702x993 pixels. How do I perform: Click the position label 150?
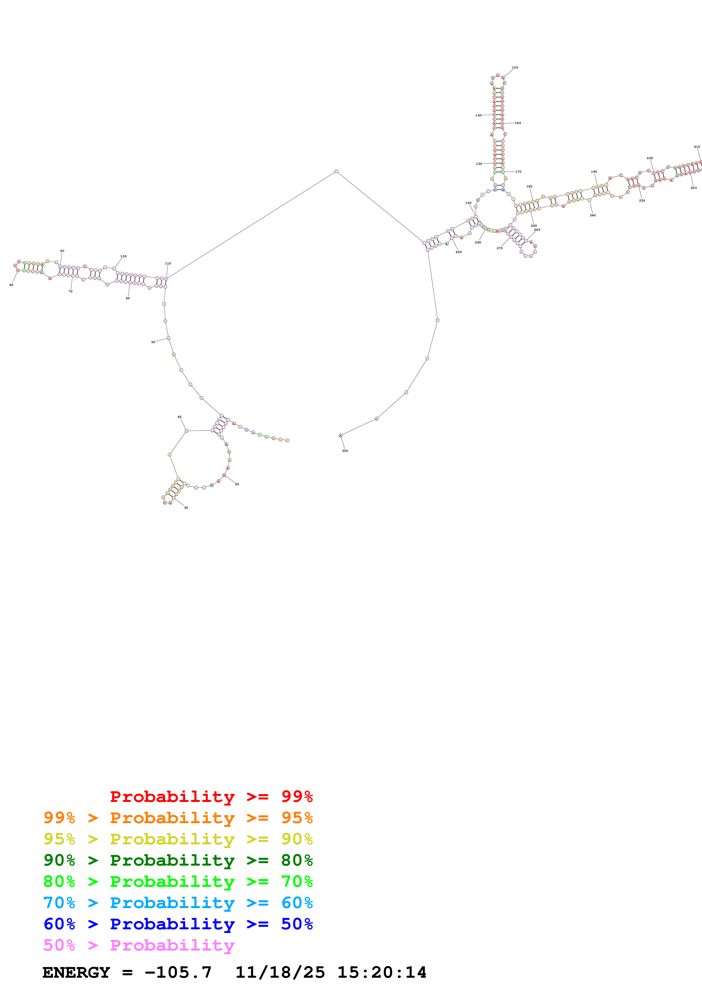[515, 67]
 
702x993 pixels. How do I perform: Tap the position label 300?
[345, 451]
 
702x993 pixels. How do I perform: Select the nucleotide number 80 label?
[11, 285]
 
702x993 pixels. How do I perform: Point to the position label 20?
[237, 484]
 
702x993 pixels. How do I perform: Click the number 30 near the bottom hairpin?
[186, 508]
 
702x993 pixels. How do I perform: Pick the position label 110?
[168, 263]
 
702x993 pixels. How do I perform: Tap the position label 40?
[180, 417]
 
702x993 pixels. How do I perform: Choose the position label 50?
[153, 342]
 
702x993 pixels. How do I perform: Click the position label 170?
[518, 172]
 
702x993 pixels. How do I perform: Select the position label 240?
[593, 215]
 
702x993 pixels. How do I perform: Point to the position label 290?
[458, 252]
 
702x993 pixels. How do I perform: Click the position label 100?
[123, 256]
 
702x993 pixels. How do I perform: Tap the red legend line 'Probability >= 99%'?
[211, 797]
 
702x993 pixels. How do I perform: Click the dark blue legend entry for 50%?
[178, 924]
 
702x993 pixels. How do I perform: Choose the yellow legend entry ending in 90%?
[178, 839]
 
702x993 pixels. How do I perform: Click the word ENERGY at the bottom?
[76, 973]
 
